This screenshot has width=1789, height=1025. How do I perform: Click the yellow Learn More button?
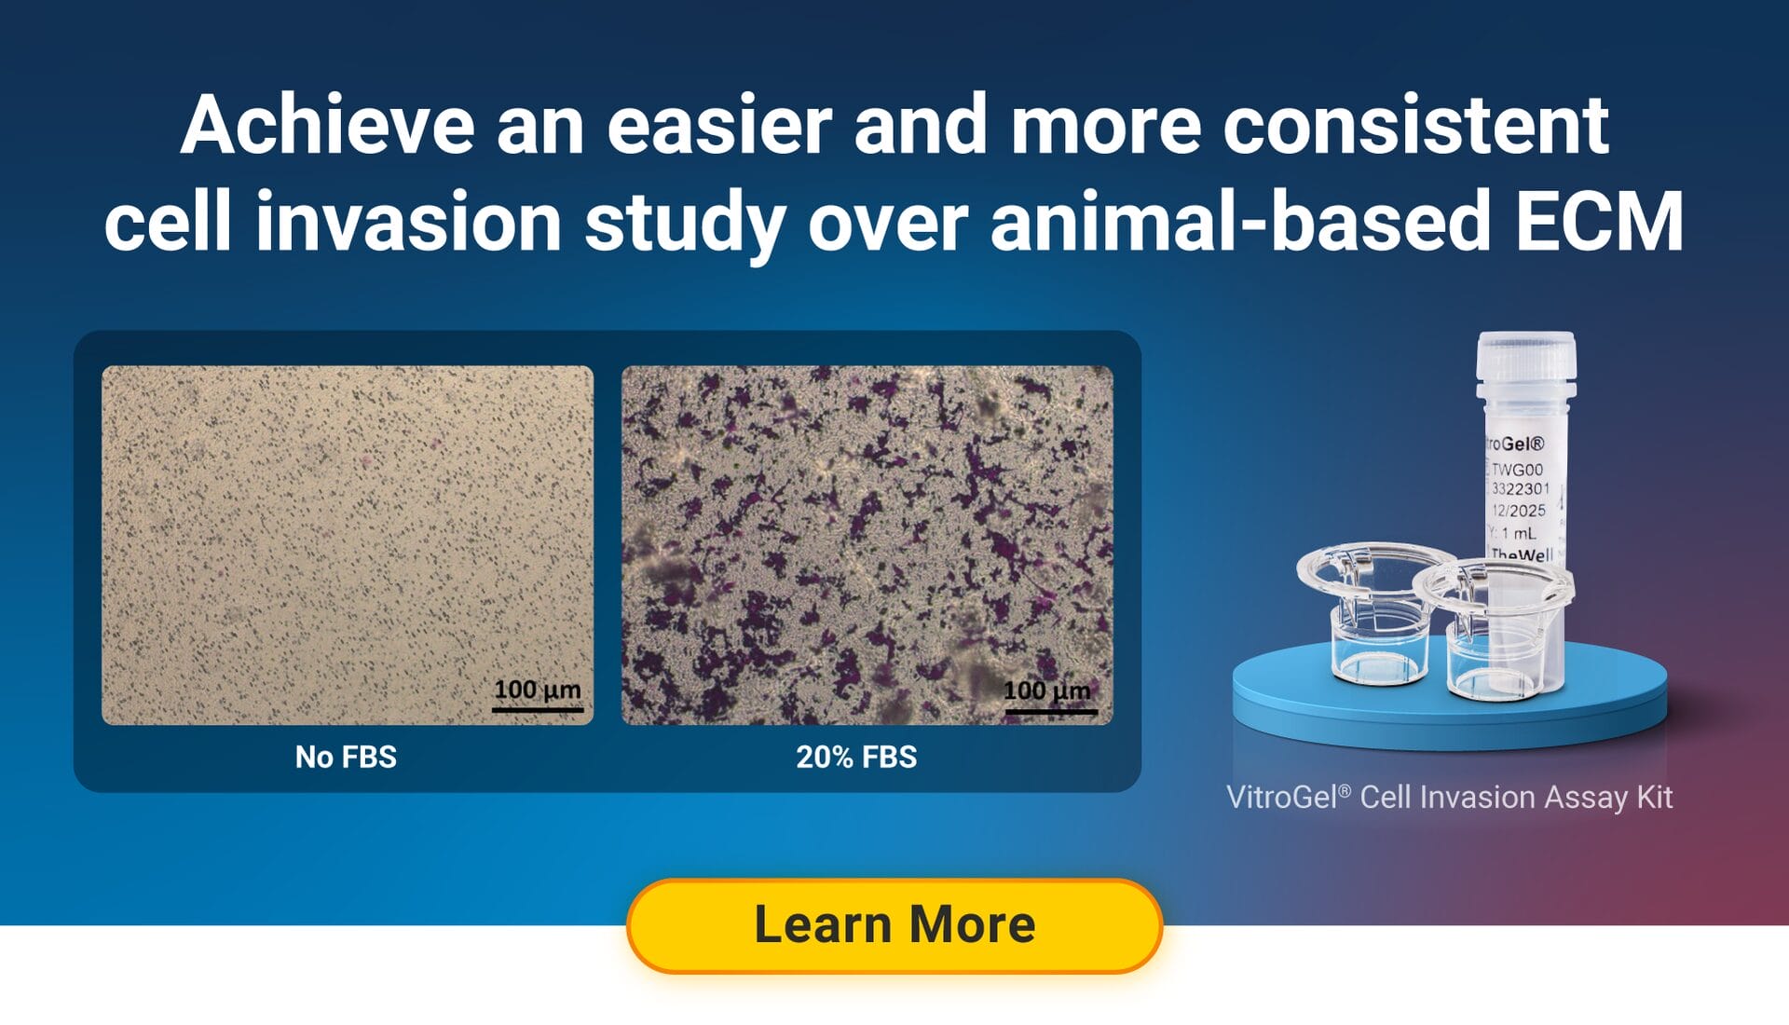tap(894, 925)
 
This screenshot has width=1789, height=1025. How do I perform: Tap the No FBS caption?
tap(346, 757)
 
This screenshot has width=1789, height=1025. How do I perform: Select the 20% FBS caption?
tap(856, 757)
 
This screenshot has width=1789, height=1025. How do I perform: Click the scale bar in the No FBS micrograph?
tap(538, 709)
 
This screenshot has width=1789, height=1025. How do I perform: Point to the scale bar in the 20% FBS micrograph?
tap(1050, 711)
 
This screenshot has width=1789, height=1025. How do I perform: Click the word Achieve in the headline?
tap(327, 126)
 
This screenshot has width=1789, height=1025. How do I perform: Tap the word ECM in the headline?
tap(1599, 222)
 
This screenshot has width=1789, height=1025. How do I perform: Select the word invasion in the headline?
tap(408, 222)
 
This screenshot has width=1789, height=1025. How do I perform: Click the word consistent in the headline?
tap(1415, 126)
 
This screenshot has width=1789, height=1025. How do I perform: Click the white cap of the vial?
tap(1526, 359)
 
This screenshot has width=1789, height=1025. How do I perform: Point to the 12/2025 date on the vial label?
tap(1518, 511)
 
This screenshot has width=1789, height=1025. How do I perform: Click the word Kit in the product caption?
tap(1655, 798)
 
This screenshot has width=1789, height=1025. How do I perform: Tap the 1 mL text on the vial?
tap(1518, 533)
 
